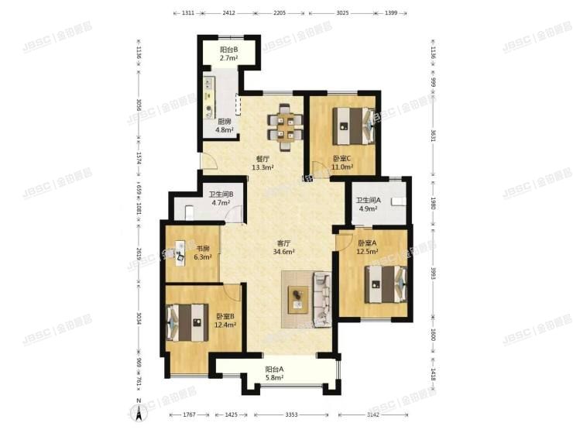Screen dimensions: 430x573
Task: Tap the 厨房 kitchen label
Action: point(225,125)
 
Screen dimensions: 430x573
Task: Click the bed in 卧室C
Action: point(352,125)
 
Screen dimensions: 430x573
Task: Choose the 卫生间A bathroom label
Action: point(369,205)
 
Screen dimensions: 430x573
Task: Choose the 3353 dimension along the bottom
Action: point(292,415)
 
